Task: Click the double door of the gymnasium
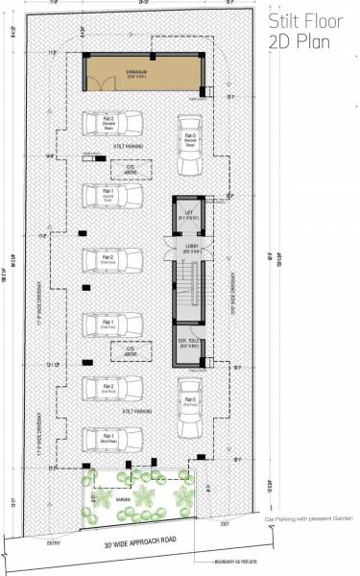point(95,86)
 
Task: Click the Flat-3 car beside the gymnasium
point(188,139)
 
